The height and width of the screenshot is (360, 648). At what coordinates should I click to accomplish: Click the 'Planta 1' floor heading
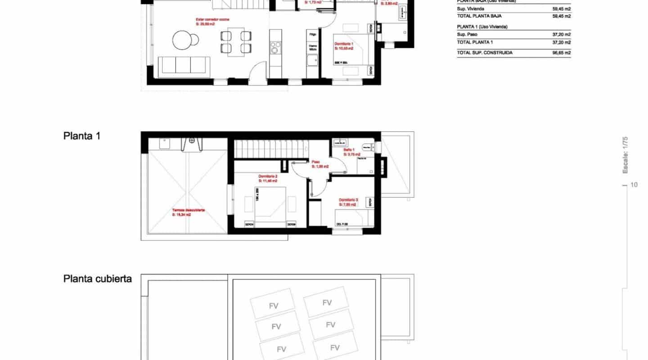tap(82, 135)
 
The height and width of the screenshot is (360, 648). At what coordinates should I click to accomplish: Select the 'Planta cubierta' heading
tap(98, 279)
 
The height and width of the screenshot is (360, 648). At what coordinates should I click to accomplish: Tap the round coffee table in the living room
tap(186, 39)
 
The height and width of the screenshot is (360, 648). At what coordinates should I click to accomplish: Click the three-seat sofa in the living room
tap(184, 65)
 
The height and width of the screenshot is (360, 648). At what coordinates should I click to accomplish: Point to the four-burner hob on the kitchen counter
tap(275, 47)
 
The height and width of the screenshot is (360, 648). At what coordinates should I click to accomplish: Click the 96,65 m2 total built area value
tap(561, 53)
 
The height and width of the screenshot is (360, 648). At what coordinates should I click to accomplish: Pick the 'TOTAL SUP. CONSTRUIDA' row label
tap(478, 53)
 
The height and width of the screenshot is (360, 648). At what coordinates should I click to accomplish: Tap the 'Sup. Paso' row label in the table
tap(467, 34)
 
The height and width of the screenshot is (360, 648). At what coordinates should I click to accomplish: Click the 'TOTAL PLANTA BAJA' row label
tap(477, 16)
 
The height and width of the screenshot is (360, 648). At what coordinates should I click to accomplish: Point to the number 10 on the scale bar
tap(634, 184)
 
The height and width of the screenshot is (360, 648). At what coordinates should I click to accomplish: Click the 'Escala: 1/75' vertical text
tap(625, 155)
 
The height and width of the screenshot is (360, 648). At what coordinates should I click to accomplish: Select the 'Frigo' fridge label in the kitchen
tap(312, 34)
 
